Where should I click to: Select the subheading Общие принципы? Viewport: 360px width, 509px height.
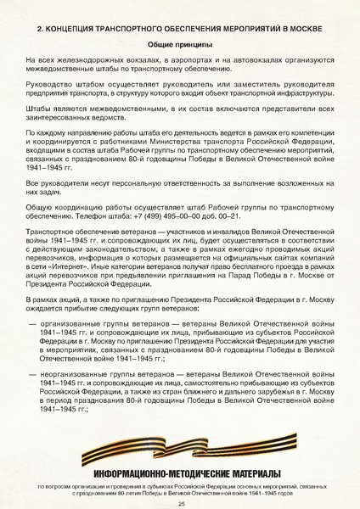(179, 44)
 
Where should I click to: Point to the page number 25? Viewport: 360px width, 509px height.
(180, 502)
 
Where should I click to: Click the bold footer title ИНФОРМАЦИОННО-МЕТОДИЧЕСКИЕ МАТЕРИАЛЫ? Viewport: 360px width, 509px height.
(180, 471)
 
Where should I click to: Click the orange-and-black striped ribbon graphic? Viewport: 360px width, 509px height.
(180, 447)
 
